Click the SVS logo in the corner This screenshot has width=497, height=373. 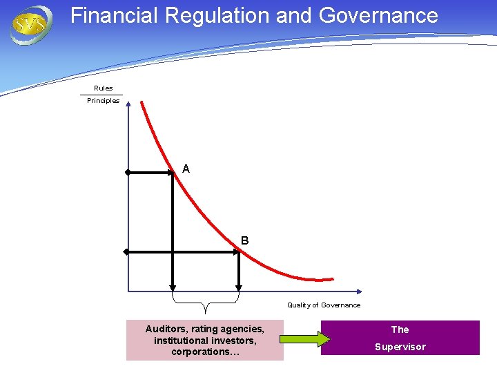point(30,25)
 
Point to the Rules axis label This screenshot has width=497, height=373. point(103,88)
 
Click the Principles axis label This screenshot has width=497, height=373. point(103,101)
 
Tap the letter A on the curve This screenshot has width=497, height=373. point(186,169)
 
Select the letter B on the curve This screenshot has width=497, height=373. point(245,240)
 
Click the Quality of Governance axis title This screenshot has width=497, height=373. point(324,305)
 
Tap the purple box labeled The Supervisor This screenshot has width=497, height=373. point(400,338)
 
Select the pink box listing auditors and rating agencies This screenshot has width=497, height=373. point(204,340)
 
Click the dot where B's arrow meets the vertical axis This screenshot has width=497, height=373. point(126,252)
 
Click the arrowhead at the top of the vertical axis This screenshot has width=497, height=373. point(128,106)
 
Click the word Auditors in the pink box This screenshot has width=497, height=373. point(166,329)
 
